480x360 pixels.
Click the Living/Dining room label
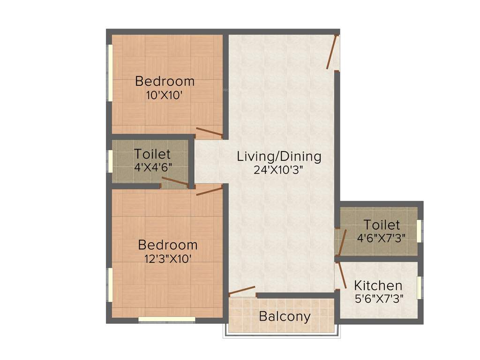[x=279, y=156]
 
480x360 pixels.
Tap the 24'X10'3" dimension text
[x=279, y=170]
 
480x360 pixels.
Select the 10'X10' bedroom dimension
[x=164, y=95]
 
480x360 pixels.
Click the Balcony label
[x=285, y=316]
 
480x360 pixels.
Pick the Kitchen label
[x=378, y=285]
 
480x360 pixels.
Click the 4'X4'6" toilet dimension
[x=152, y=167]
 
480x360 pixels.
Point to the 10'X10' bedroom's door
[x=209, y=132]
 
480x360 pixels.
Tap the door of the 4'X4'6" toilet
[x=175, y=182]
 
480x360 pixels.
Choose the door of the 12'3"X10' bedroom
[x=209, y=190]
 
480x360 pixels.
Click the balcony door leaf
[x=242, y=291]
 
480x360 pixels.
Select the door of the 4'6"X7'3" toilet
[x=342, y=243]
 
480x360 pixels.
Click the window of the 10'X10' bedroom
[x=110, y=72]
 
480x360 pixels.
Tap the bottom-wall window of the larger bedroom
[x=166, y=319]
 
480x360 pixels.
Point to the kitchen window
[x=420, y=288]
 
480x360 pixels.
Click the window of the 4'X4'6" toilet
[x=110, y=162]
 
